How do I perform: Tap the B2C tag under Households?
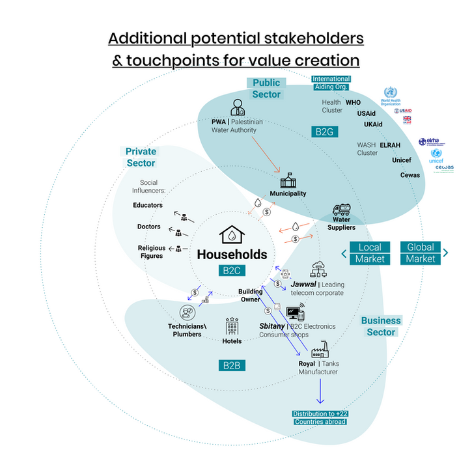point(232,270)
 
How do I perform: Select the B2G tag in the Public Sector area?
point(324,132)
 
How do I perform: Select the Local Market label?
point(370,253)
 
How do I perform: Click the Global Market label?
point(421,253)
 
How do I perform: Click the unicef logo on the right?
point(436,156)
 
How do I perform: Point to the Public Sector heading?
point(266,89)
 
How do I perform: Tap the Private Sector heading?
point(141,157)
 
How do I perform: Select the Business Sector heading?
point(381,326)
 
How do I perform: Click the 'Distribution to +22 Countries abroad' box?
point(319,418)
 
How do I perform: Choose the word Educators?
point(148,205)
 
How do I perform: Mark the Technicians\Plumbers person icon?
point(185,313)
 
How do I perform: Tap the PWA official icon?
point(236,107)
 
